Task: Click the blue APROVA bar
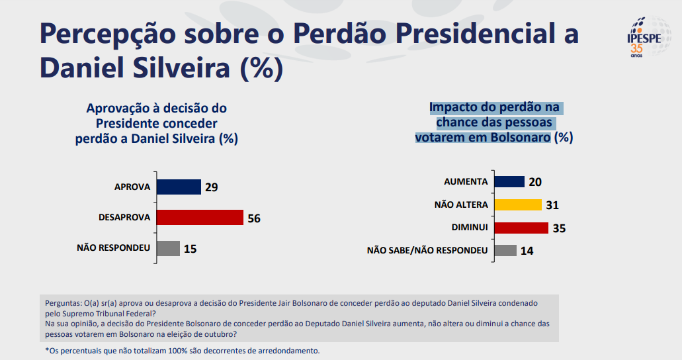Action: pyautogui.click(x=178, y=187)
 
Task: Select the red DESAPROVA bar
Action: pyautogui.click(x=199, y=217)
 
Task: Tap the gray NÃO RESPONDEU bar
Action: pyautogui.click(x=168, y=248)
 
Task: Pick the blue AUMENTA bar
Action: pyautogui.click(x=509, y=181)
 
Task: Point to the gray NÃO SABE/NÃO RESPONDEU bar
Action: pyautogui.click(x=505, y=250)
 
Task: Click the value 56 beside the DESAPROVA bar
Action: pyautogui.click(x=254, y=218)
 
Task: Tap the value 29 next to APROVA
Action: pyautogui.click(x=211, y=187)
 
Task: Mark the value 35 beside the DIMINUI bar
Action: pyautogui.click(x=559, y=228)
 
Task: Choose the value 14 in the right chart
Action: pyautogui.click(x=527, y=251)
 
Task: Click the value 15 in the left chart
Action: pyautogui.click(x=191, y=249)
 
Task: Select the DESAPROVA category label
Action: pyautogui.click(x=124, y=217)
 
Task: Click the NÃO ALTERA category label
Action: pyautogui.click(x=461, y=204)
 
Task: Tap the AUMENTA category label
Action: pyautogui.click(x=466, y=181)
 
